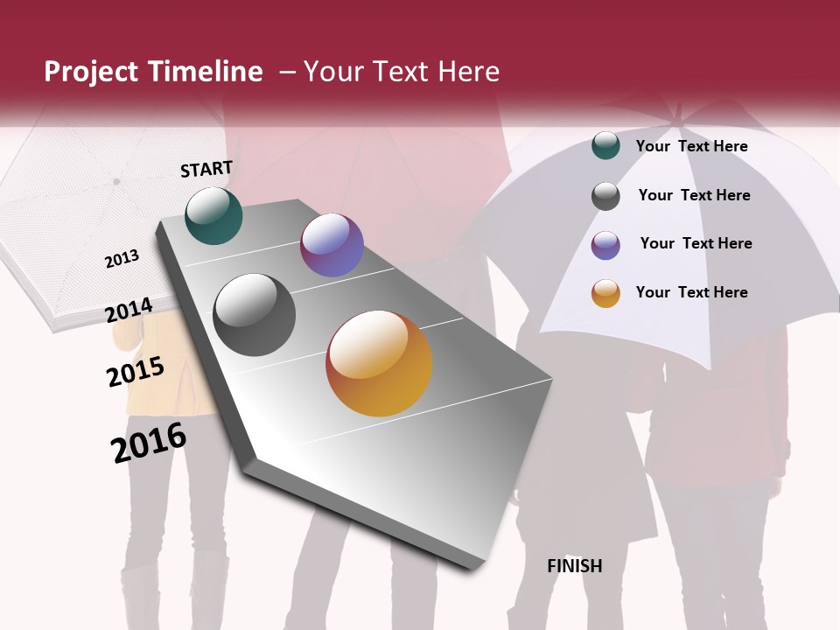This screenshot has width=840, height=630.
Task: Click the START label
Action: coord(206,169)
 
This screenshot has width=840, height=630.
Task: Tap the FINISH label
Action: coord(575,566)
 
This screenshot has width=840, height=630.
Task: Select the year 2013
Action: coord(122,258)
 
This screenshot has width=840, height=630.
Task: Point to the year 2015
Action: coord(136,371)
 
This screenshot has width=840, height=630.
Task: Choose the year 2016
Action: coord(149,443)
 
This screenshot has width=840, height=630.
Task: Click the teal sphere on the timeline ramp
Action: coord(213,215)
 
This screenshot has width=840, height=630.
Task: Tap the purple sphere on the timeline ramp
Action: coord(332,245)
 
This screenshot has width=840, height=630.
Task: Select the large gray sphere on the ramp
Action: coord(255,315)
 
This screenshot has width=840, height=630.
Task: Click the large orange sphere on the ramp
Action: coord(379,363)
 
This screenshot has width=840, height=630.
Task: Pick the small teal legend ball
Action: coord(605,145)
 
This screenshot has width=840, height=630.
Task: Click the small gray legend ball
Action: coord(605,196)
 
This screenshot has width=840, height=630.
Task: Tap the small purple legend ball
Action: coord(605,245)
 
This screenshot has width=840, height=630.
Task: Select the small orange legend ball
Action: coord(605,293)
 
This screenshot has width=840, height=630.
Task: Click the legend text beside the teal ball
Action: coord(691,146)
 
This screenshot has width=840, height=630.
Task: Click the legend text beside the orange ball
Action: coord(691,292)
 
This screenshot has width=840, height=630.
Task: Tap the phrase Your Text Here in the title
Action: coord(402,72)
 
